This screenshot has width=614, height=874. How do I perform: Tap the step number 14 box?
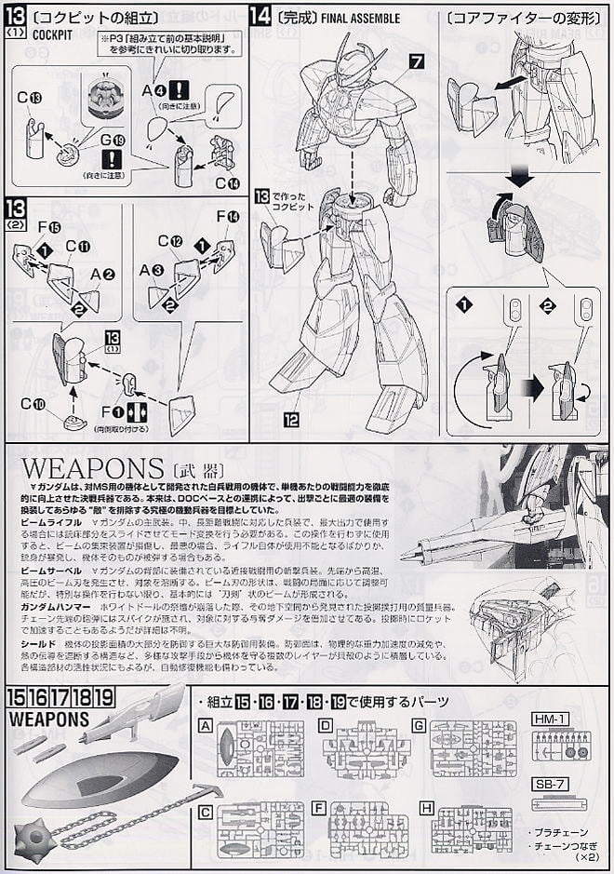[260, 16]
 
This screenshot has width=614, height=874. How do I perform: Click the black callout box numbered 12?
[291, 420]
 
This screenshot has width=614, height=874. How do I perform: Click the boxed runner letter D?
[326, 723]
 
